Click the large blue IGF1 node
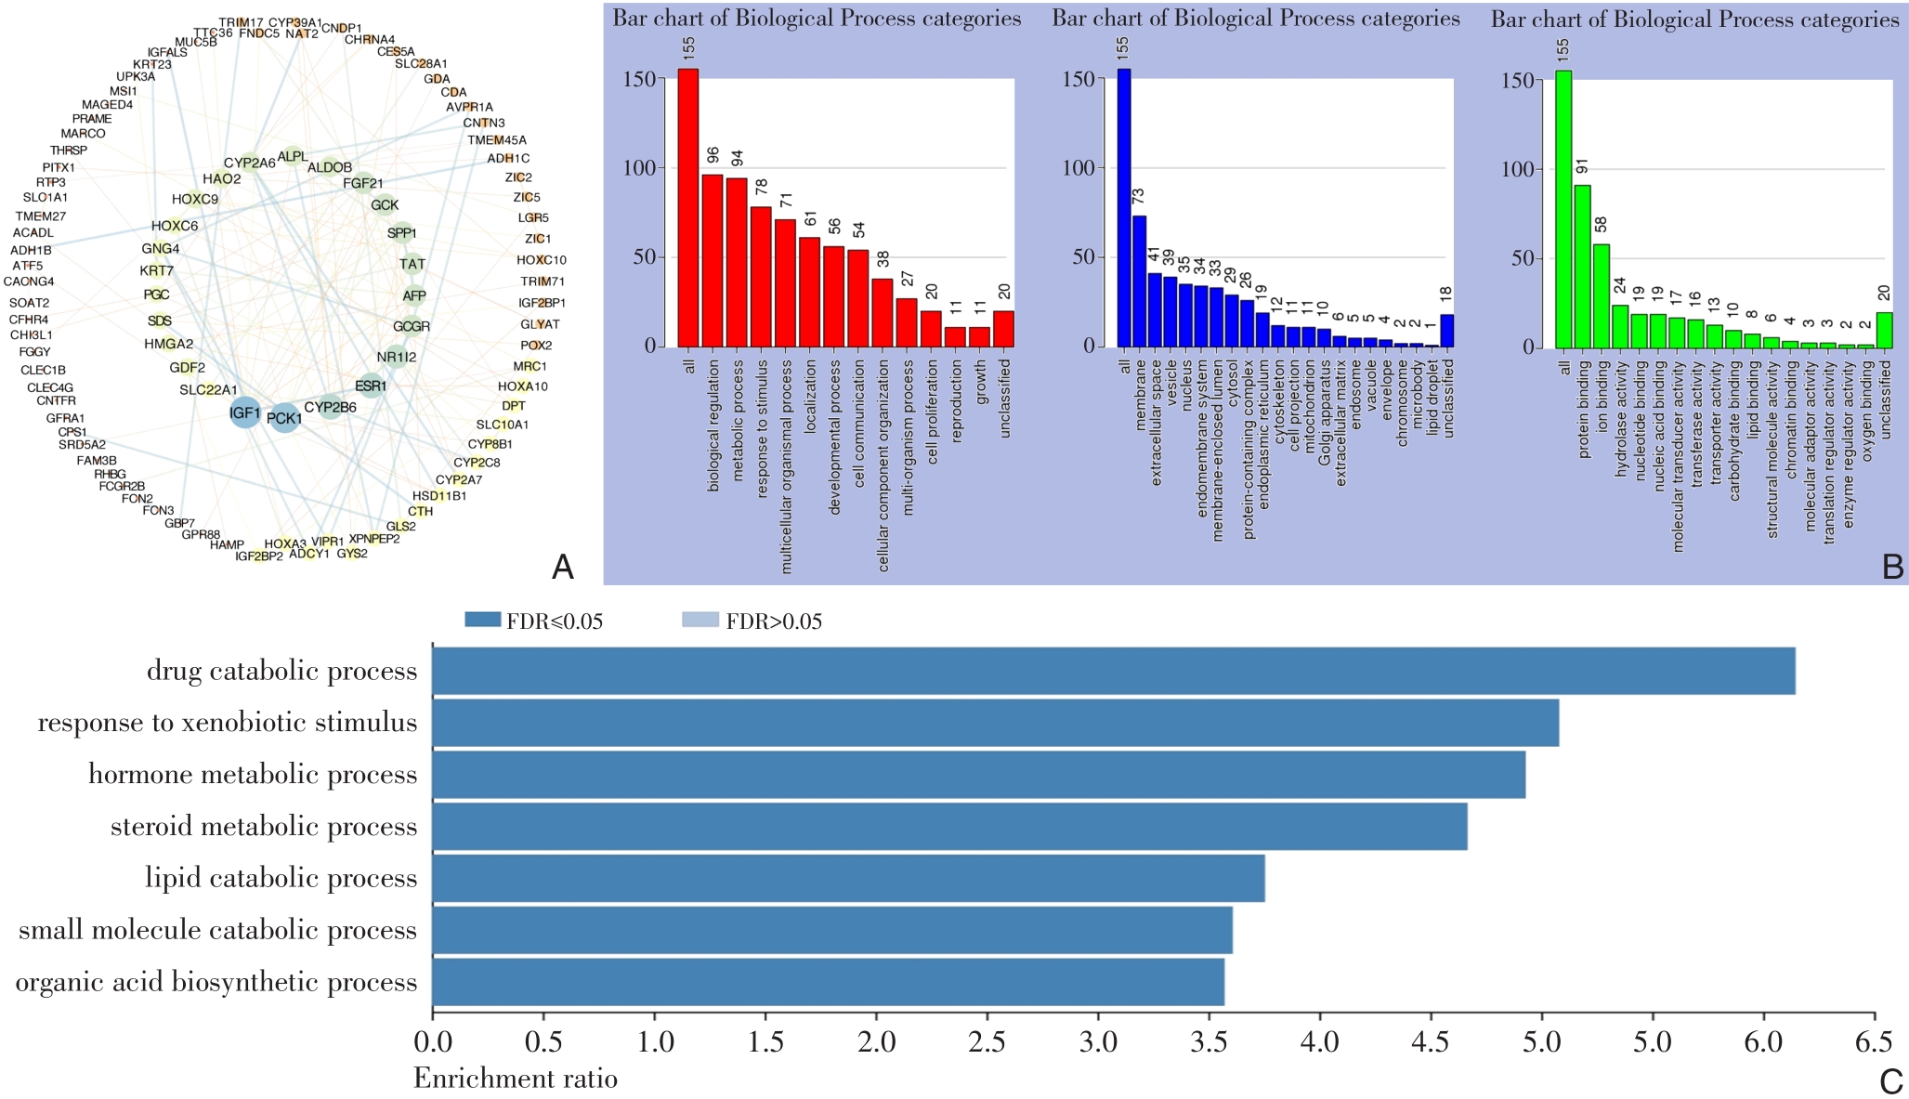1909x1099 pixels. pos(245,412)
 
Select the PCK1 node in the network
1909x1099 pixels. pos(284,418)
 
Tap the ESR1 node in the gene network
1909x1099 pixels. pos(371,386)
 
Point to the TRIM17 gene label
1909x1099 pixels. pos(241,22)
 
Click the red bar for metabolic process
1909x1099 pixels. pos(737,262)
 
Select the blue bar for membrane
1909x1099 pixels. pos(1139,281)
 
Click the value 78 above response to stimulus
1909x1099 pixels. pos(762,188)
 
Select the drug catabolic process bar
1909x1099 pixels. pos(1113,671)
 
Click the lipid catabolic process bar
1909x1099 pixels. pos(848,878)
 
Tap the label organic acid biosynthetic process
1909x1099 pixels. pos(216,982)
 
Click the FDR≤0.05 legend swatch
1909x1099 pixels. pos(482,621)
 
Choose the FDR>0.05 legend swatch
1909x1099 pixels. pos(700,621)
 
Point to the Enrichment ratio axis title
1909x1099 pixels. pos(515,1079)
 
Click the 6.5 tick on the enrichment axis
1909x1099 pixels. pos(1873,1042)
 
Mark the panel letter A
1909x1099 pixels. pos(562,567)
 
